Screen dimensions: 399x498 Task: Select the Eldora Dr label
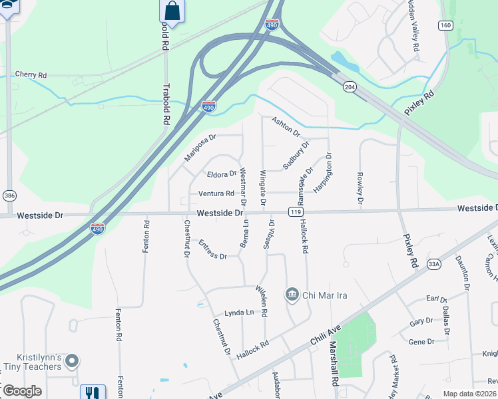(222, 174)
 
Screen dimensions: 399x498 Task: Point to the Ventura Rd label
(216, 194)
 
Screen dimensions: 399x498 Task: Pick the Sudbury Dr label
(297, 154)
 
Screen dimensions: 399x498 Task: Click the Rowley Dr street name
(360, 188)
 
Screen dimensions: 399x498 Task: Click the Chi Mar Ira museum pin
(292, 294)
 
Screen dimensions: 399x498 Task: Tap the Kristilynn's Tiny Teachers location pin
(73, 361)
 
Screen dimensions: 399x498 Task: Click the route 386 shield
(9, 196)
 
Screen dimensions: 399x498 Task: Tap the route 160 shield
(445, 25)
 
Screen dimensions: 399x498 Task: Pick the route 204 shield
(350, 86)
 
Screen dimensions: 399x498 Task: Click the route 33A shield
(434, 264)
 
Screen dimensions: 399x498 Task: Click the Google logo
(21, 392)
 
